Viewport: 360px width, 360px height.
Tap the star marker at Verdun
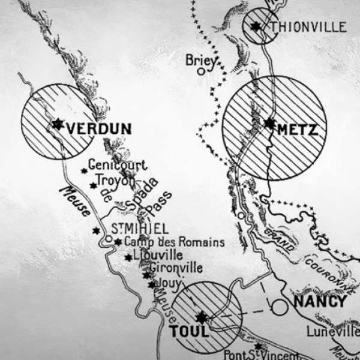coord(58,124)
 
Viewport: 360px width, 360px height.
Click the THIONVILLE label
coord(308,27)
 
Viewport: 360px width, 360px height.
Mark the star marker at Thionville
coord(257,26)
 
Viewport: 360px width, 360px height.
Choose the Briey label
coord(199,60)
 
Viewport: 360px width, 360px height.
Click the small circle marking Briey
coord(201,71)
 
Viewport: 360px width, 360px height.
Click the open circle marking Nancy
coord(278,307)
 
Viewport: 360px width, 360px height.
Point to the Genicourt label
coord(117,164)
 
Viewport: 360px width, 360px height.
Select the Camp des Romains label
coord(170,242)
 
